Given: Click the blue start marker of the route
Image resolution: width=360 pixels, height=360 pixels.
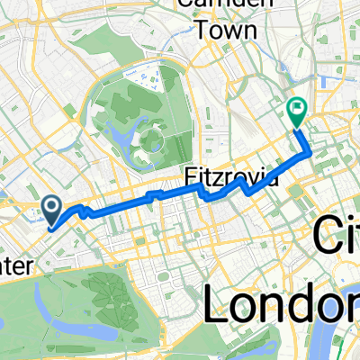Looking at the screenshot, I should pos(52,211).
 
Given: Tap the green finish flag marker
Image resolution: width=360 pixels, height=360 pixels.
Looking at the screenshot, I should pos(296,111).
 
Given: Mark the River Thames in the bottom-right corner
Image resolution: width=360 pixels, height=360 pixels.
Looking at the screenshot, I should pos(346,337).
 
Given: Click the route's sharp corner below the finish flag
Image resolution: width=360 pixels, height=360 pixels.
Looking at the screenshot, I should pos(311,153).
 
